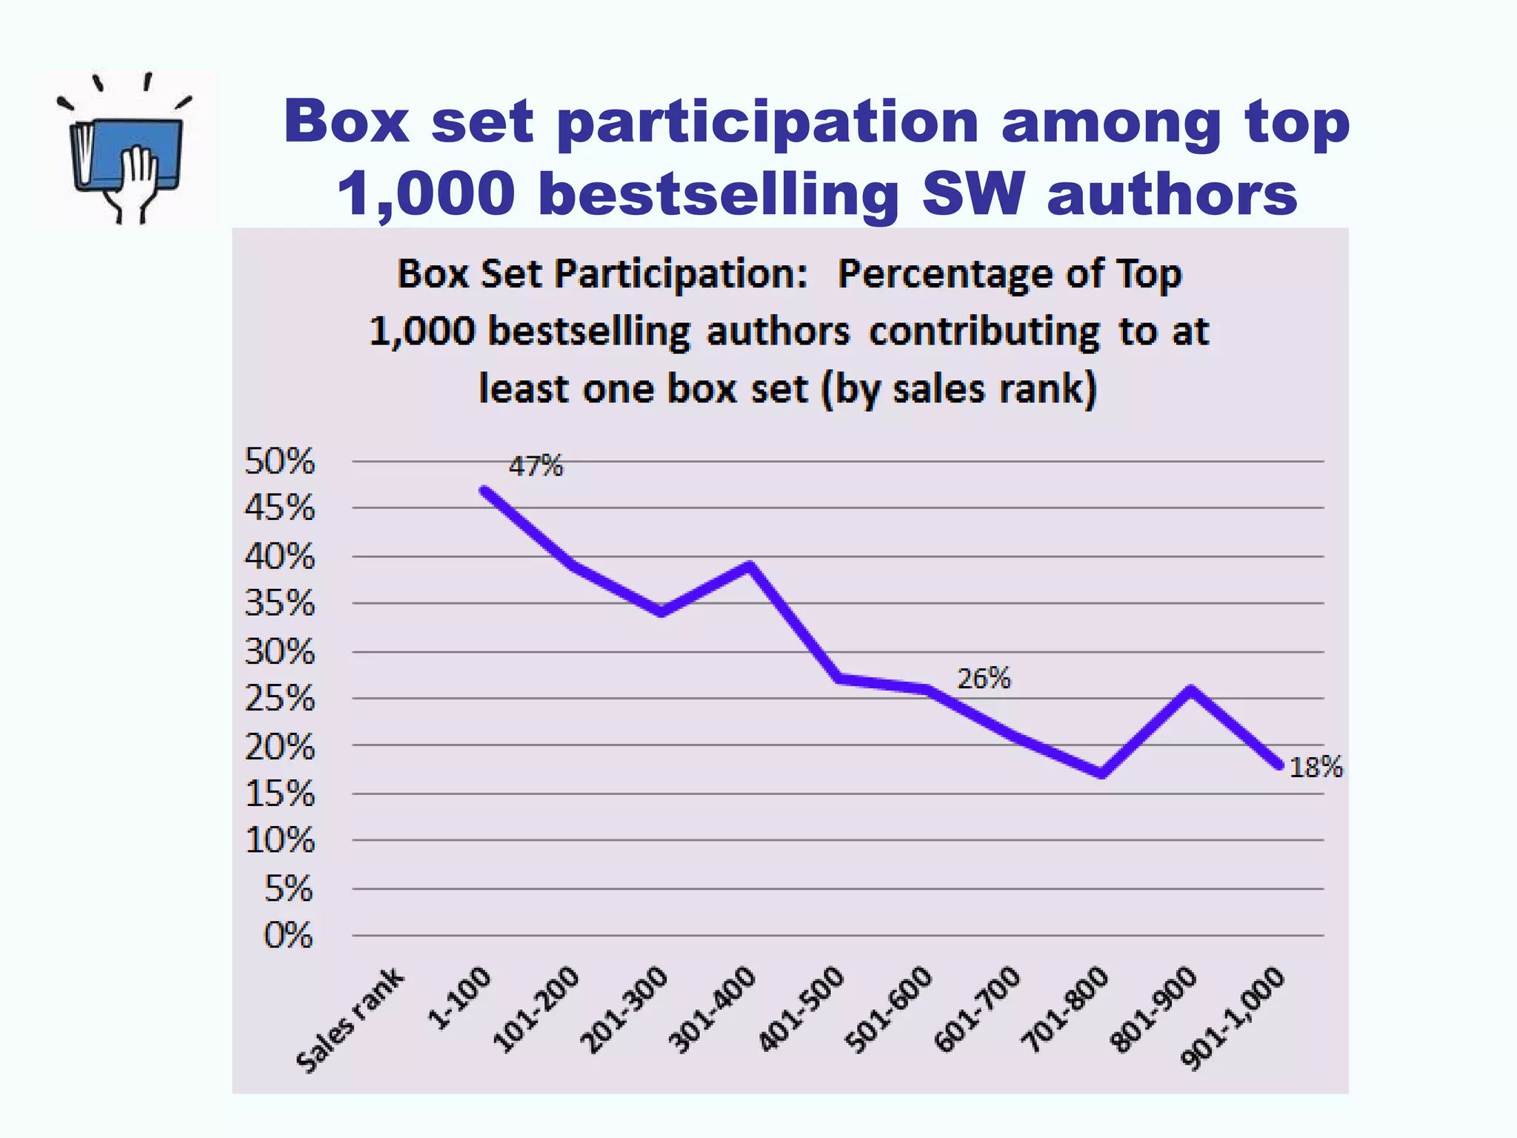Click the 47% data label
(536, 466)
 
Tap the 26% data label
(984, 678)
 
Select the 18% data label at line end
(1316, 768)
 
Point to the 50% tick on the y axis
(279, 462)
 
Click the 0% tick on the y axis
(288, 936)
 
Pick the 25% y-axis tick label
(279, 699)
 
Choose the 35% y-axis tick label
(279, 604)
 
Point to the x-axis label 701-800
(1065, 1010)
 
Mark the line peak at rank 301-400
(750, 567)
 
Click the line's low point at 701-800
(1102, 774)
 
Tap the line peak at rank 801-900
(1190, 690)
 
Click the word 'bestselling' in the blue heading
(718, 193)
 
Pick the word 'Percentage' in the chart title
(945, 274)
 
